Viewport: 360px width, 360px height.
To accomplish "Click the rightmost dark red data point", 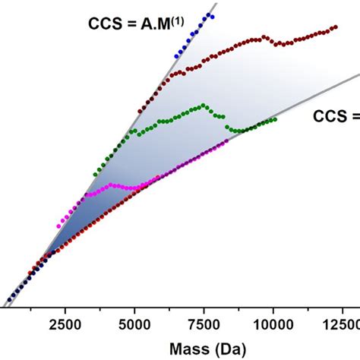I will (336, 27).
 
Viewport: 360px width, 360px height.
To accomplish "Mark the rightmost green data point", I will (275, 119).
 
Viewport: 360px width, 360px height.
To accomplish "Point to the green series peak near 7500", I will (202, 105).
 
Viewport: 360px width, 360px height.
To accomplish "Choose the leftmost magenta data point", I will (58, 226).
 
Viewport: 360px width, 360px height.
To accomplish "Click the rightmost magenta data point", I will (226, 141).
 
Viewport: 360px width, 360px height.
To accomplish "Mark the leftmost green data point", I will (94, 169).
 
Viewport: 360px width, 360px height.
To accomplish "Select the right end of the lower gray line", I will (357, 74).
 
